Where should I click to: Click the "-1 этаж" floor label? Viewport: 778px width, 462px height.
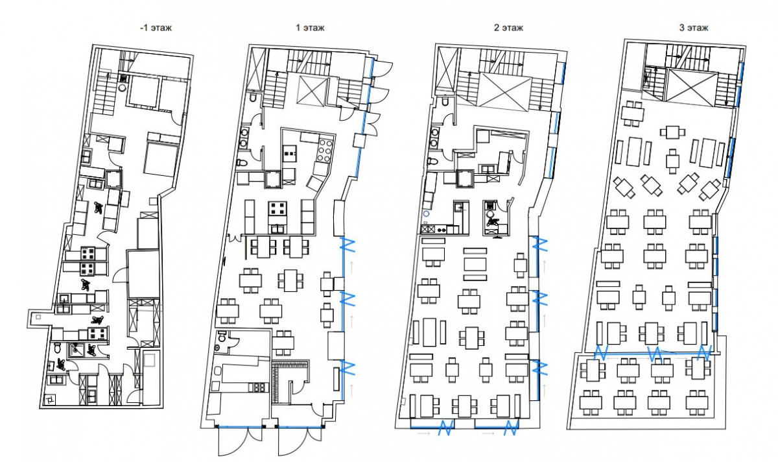click(156, 28)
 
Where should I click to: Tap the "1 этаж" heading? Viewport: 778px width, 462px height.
click(310, 28)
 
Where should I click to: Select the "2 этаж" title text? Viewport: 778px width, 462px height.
click(508, 28)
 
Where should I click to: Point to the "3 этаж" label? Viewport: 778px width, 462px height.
click(694, 28)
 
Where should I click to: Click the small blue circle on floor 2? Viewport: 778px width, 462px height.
click(426, 213)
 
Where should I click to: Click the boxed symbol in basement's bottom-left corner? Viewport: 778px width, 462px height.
click(50, 400)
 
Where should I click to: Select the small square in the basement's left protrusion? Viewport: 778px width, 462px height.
click(38, 317)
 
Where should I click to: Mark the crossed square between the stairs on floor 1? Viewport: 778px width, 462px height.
click(312, 90)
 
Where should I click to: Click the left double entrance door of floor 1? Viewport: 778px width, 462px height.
click(240, 441)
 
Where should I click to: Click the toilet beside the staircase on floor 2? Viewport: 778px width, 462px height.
click(445, 100)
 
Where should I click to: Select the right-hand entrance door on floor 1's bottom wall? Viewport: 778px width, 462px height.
click(300, 441)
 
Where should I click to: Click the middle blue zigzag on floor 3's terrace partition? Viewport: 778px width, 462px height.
click(655, 354)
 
